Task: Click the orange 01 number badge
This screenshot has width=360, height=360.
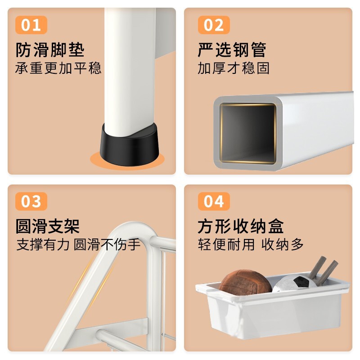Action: [31, 25]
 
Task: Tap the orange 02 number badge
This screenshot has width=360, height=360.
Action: [214, 25]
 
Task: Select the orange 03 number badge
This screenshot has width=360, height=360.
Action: [31, 201]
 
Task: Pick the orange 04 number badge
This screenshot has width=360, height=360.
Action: [214, 201]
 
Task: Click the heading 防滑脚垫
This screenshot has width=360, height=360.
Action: [50, 49]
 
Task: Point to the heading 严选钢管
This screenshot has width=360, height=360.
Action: [232, 49]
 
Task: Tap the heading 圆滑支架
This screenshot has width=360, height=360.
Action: [48, 226]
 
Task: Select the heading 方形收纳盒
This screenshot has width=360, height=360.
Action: [241, 226]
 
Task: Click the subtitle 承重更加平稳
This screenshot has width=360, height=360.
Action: [58, 68]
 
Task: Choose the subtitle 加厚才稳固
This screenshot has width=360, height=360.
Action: [234, 68]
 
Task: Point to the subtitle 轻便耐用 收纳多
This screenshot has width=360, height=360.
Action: [251, 244]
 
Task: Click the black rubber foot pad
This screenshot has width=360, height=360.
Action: [130, 144]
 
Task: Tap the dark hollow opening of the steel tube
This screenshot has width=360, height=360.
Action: [248, 133]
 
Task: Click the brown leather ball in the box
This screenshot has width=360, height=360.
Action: [245, 283]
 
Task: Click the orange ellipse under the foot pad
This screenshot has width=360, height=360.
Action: [127, 160]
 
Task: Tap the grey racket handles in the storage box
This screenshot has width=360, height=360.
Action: [323, 271]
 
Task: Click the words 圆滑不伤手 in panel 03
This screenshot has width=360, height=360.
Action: [107, 244]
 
